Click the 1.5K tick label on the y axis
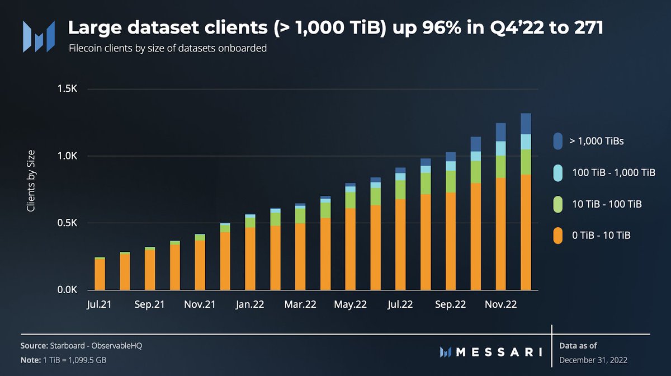68,89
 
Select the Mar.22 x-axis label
300,304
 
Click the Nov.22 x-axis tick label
500,304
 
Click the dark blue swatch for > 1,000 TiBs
557,141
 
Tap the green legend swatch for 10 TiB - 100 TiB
557,204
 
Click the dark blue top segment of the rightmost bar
526,124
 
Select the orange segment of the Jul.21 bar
100,274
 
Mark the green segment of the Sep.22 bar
451,181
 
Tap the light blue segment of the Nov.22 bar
500,148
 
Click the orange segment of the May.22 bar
351,249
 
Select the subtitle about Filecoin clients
167,49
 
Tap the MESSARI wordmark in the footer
491,352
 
